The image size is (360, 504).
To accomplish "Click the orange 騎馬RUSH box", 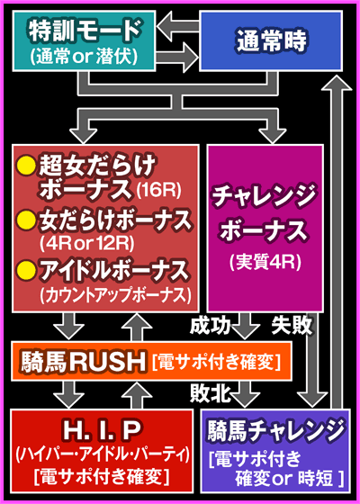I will [x=148, y=363].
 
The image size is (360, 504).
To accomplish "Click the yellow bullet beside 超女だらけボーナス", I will [x=26, y=165].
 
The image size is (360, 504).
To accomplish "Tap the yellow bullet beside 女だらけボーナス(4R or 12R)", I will [x=26, y=217].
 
